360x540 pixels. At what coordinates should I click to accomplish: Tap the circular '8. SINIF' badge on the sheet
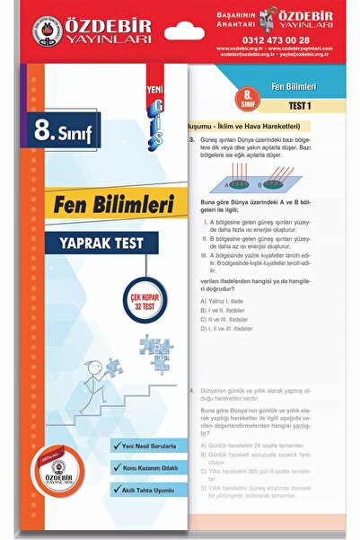(242, 95)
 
